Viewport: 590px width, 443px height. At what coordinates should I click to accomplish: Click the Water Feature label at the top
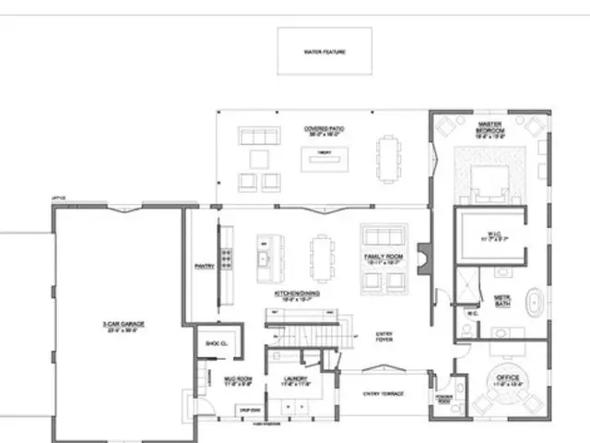[x=324, y=52]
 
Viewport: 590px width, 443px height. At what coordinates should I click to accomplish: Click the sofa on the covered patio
[x=258, y=137]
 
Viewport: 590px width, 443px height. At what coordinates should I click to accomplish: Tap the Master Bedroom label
[x=490, y=128]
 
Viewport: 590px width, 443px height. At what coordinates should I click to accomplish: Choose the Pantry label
[x=203, y=268]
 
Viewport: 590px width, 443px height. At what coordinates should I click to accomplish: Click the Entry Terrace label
[x=383, y=394]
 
